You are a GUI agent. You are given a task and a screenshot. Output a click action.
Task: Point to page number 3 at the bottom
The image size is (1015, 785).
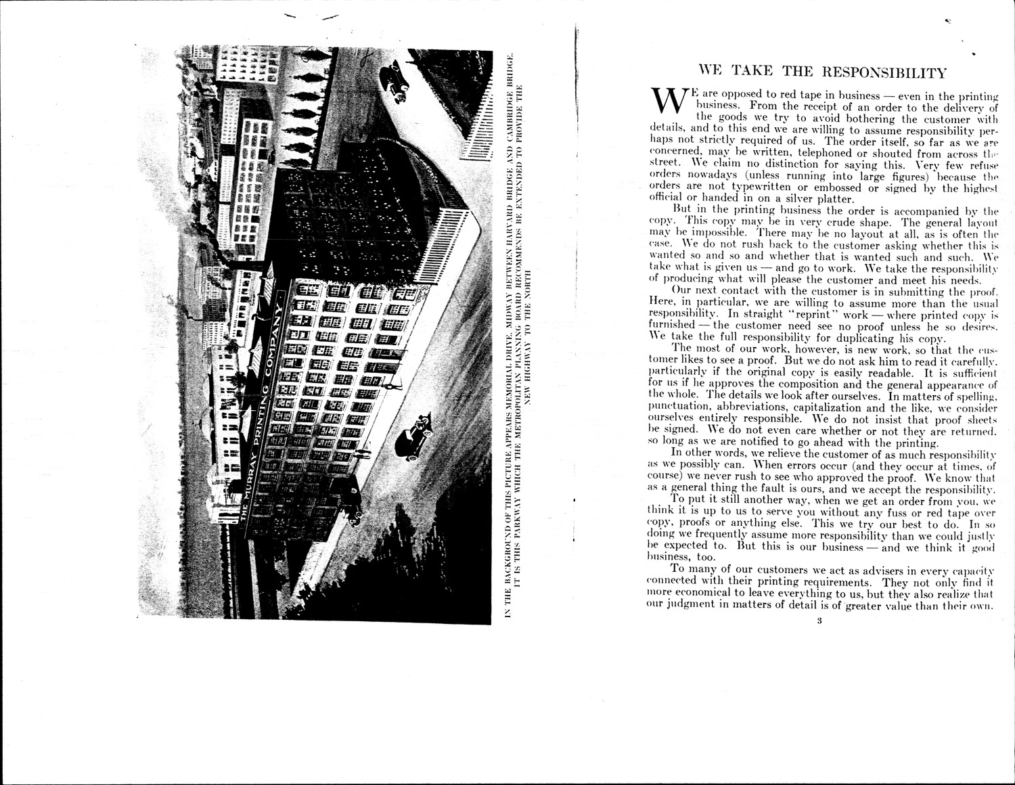pos(819,623)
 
